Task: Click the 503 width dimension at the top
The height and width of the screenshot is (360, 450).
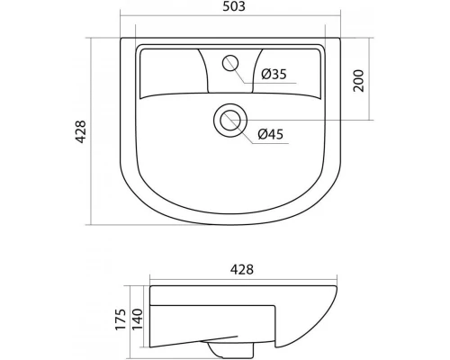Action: (234, 6)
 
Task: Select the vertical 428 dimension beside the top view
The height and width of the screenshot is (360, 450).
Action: (80, 131)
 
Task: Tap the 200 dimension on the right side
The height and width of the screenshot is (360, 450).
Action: (358, 81)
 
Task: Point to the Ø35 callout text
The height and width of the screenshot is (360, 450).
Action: (274, 74)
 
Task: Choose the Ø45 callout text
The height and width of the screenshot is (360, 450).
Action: (271, 134)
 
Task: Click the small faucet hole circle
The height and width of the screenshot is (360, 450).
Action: (230, 63)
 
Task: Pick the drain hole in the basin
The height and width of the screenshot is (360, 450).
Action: (230, 121)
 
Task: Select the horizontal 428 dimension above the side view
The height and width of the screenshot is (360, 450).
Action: (242, 269)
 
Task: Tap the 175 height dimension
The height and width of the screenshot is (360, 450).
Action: (121, 319)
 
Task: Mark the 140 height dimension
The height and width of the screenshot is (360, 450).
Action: (138, 319)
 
